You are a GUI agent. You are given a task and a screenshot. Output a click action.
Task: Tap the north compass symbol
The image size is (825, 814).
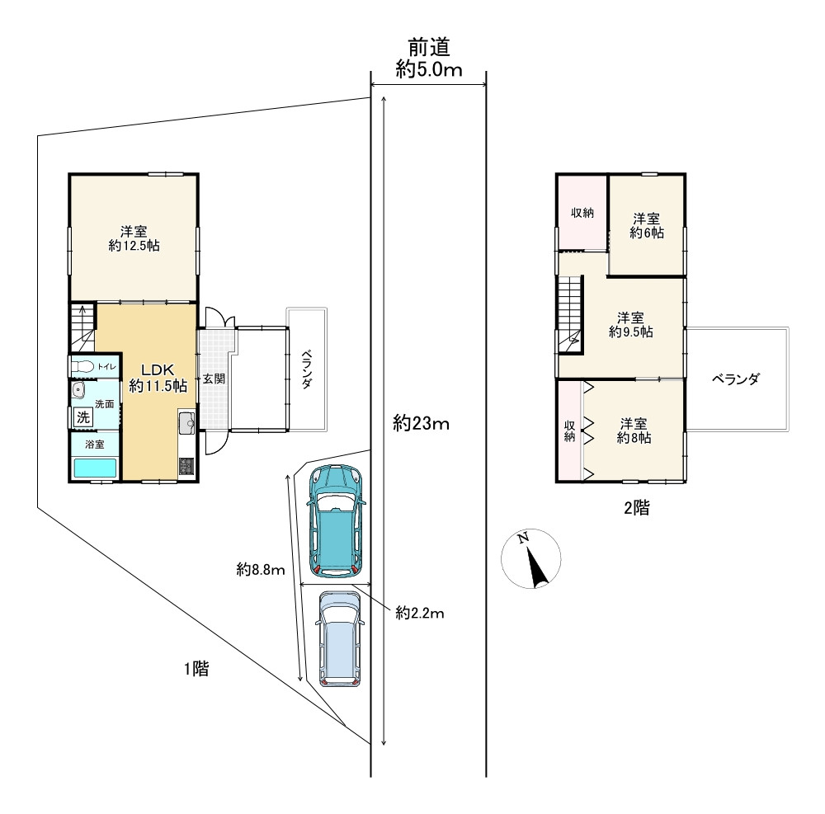tap(530, 558)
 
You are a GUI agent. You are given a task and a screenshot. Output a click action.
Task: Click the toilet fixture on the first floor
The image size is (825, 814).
tap(82, 366)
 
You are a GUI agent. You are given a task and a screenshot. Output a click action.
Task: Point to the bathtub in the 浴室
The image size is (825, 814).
tap(95, 468)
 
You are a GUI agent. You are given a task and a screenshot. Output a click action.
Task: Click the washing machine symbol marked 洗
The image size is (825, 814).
tap(83, 417)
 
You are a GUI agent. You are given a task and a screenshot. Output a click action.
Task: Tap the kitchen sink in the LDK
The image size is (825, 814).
tap(186, 421)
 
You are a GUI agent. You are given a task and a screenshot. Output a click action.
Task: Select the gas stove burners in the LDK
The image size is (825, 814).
tap(186, 466)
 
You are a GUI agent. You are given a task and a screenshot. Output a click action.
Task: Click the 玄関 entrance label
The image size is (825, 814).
tap(214, 379)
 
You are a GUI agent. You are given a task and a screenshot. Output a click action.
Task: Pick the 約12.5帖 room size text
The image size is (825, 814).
tap(134, 246)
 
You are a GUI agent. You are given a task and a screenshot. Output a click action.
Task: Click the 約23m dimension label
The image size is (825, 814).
tap(421, 423)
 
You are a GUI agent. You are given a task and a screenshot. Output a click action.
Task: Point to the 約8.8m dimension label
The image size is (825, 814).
tap(261, 569)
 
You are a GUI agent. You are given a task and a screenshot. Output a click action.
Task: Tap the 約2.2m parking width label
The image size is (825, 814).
tap(420, 613)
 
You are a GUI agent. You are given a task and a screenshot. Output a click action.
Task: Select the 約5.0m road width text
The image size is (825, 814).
tap(429, 69)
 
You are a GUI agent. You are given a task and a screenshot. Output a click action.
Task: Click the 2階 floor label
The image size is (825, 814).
tap(637, 507)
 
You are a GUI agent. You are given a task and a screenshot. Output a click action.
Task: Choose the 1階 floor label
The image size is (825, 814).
tap(196, 668)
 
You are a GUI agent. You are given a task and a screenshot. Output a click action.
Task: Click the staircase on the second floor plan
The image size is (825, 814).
tap(571, 316)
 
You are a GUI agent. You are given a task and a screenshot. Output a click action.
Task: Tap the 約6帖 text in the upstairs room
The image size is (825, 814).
tap(647, 233)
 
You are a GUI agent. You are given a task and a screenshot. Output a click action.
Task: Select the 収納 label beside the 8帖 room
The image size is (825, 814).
tap(570, 431)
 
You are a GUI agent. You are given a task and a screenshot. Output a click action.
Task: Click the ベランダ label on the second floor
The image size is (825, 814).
tap(736, 379)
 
